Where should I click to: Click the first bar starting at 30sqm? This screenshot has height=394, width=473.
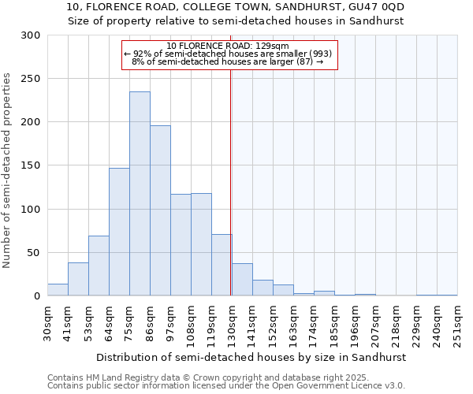(x=58, y=290)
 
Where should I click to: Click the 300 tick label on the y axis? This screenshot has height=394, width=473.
(x=31, y=35)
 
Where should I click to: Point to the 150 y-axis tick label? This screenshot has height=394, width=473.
(x=31, y=165)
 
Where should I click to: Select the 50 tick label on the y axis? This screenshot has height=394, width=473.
(x=34, y=253)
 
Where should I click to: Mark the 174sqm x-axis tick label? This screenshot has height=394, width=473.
(x=315, y=322)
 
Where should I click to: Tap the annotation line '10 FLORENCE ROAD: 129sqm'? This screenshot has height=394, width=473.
(x=229, y=46)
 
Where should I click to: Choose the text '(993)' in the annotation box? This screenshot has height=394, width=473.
(x=320, y=54)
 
